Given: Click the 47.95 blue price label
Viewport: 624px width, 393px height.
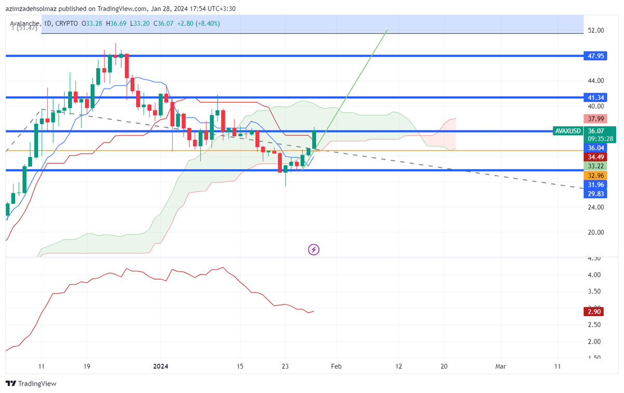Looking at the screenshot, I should (595, 56).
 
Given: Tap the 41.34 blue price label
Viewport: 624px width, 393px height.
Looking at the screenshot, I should (595, 97).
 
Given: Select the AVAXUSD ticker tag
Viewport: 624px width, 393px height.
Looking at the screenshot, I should (568, 131).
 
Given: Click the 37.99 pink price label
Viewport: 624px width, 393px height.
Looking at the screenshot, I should (595, 119).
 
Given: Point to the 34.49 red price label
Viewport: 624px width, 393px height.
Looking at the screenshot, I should (595, 156).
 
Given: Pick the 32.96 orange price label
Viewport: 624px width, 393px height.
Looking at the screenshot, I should (595, 175).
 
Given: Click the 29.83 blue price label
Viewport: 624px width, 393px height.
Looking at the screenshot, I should (595, 194).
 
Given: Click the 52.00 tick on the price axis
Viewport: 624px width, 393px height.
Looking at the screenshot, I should (595, 31).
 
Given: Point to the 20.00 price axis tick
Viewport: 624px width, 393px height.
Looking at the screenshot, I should (595, 232).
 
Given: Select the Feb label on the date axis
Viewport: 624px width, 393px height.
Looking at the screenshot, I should (336, 366).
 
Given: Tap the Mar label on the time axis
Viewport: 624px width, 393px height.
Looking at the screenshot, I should (500, 366).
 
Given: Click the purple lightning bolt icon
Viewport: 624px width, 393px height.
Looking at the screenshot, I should (314, 250).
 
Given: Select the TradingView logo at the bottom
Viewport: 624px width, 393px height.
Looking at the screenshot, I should (31, 384).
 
